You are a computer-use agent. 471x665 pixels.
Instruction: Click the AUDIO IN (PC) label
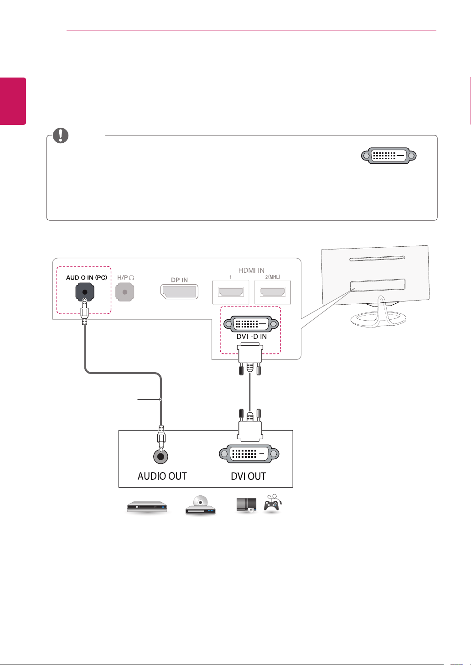click(86, 278)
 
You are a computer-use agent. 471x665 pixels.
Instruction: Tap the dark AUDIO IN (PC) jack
click(85, 292)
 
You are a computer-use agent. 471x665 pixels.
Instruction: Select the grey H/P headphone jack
click(124, 292)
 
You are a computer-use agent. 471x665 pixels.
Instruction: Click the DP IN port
click(179, 291)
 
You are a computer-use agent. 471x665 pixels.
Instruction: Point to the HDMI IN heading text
click(251, 270)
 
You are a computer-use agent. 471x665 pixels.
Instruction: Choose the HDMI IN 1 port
click(231, 292)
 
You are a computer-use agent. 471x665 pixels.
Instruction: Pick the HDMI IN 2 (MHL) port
click(273, 292)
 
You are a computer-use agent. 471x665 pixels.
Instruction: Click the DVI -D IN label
click(251, 336)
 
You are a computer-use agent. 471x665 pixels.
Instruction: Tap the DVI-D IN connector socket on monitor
click(251, 324)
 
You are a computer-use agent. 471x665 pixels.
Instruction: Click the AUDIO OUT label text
click(162, 476)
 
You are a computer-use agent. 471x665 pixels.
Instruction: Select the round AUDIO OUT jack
click(160, 456)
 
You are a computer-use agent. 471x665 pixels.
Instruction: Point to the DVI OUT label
click(248, 476)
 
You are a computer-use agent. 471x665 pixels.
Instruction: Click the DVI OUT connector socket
click(249, 454)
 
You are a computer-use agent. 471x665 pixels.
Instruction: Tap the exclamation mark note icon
click(61, 135)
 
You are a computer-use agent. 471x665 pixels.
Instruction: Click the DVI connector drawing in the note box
click(389, 156)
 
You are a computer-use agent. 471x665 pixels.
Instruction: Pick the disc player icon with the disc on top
click(200, 505)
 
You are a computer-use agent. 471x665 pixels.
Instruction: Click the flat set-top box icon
click(147, 507)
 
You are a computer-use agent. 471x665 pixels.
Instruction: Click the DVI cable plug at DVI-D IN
click(250, 358)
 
